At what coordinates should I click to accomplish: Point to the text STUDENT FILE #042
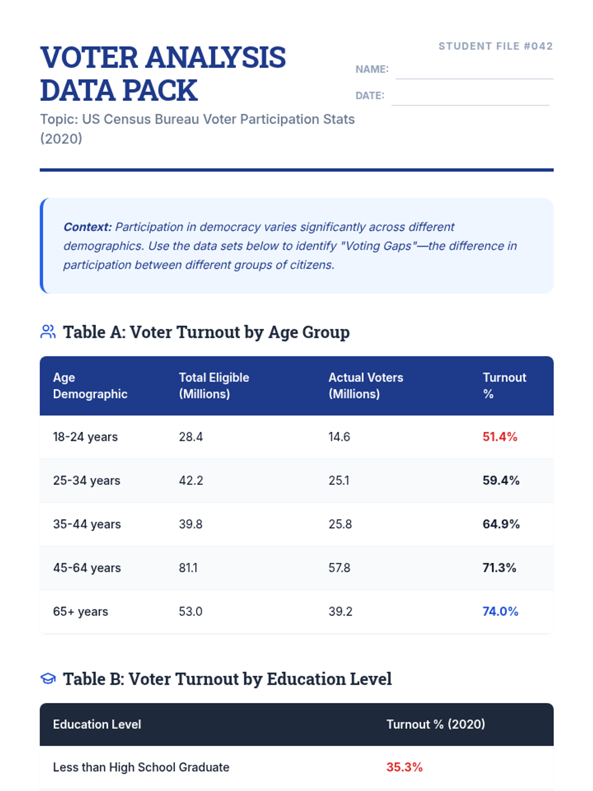[495, 46]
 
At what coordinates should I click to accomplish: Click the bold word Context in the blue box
[87, 227]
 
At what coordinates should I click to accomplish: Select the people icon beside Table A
[48, 332]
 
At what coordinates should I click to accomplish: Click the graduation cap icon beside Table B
[48, 678]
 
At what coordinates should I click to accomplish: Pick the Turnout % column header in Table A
[504, 386]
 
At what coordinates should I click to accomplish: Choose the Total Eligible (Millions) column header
[213, 386]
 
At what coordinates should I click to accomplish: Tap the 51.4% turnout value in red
[500, 437]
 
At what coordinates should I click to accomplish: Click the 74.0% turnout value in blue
[500, 612]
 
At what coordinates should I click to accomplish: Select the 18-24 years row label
[85, 437]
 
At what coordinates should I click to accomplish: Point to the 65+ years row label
[80, 612]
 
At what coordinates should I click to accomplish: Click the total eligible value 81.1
[188, 568]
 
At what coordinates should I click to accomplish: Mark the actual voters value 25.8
[340, 524]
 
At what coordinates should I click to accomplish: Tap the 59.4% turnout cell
[501, 481]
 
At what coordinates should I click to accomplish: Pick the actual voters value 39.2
[340, 612]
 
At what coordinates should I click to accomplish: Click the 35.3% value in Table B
[404, 767]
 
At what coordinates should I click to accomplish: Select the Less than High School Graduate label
[141, 767]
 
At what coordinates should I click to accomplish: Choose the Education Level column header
[97, 724]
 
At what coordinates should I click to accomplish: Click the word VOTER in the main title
[89, 57]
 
